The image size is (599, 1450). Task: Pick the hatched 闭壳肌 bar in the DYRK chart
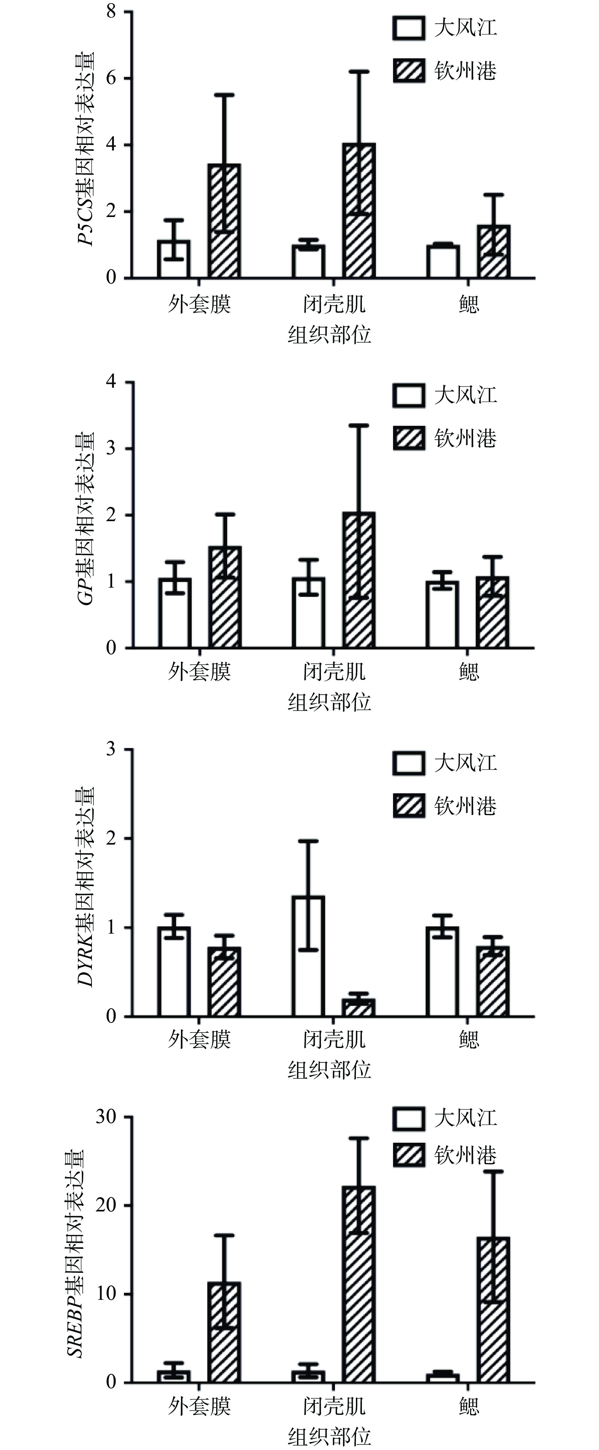[359, 1007]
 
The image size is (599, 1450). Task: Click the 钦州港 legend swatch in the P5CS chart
[409, 72]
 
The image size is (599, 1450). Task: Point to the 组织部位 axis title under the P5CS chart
[329, 335]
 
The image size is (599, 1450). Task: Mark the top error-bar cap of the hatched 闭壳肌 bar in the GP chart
[359, 425]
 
